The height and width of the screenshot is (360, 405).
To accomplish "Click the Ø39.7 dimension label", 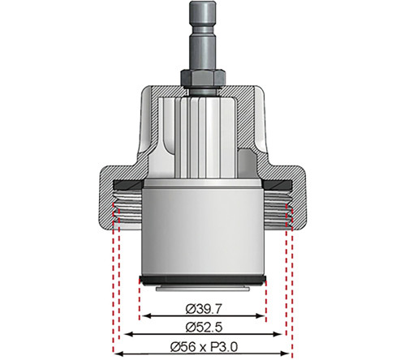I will (202, 308).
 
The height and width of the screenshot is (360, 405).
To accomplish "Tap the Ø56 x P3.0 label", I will (203, 346).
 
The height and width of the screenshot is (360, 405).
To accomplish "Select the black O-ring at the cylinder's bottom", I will (202, 281).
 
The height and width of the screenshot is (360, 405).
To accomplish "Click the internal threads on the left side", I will (128, 209).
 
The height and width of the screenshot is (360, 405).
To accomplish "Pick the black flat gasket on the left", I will (130, 182).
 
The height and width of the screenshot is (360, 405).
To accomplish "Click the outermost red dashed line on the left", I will (115, 284).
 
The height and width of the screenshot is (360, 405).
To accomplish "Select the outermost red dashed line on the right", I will (290, 284).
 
